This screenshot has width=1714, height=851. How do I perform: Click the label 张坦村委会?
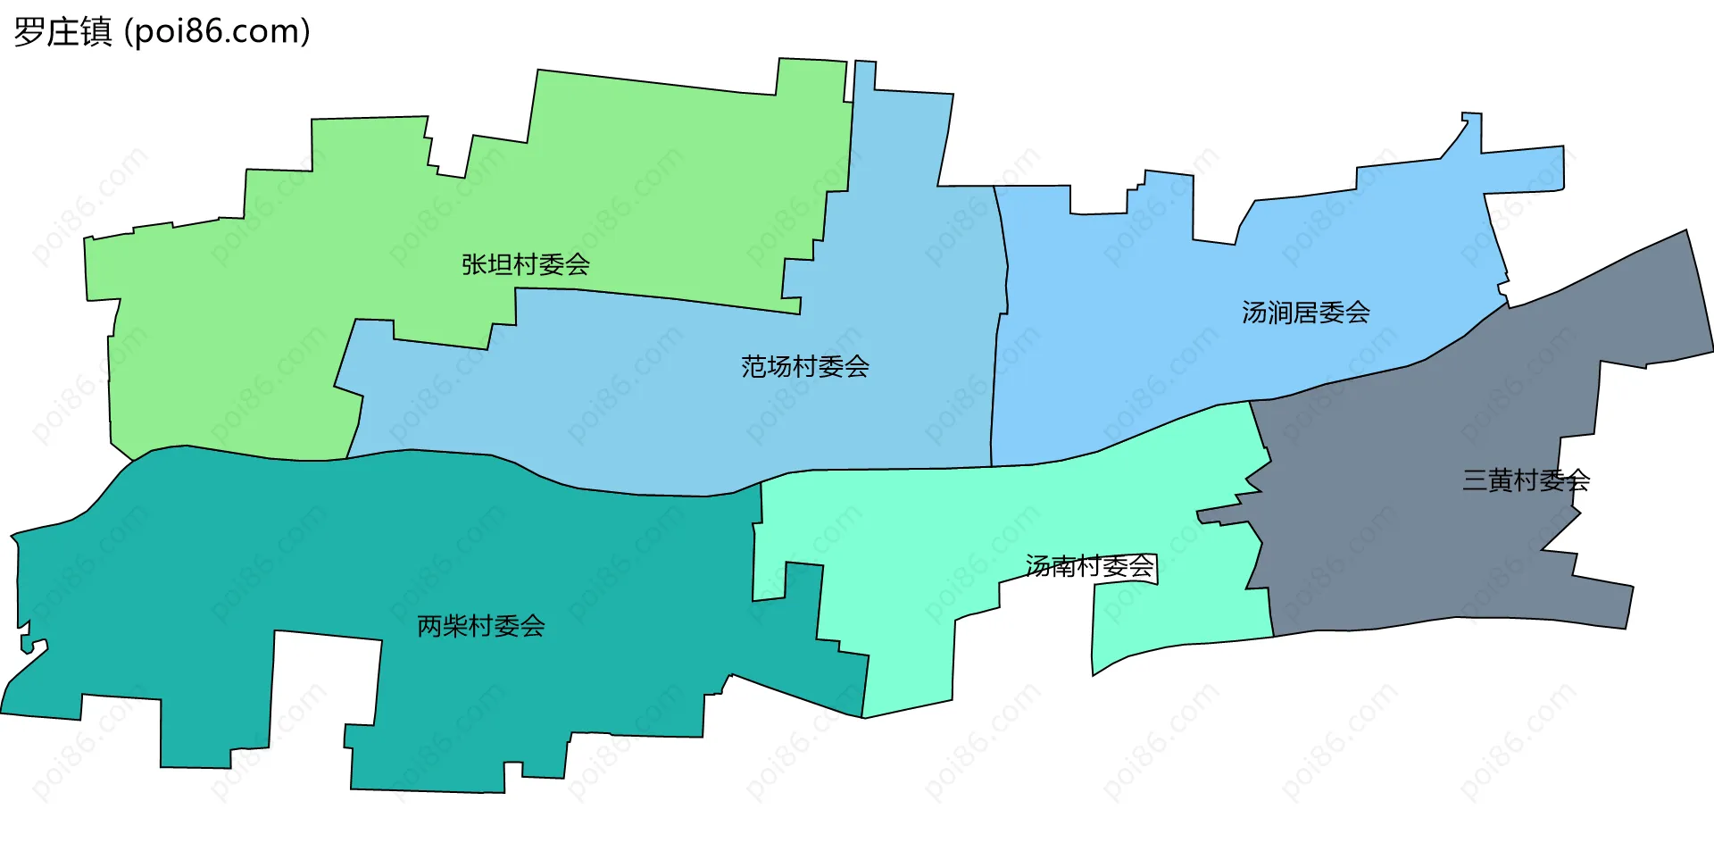525,264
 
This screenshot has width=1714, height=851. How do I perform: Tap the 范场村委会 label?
804,366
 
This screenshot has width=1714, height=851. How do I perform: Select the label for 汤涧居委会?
1305,313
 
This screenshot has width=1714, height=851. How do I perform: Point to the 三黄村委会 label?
1526,480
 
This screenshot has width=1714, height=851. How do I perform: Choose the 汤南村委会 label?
1089,566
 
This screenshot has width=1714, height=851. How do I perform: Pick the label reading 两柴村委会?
480,626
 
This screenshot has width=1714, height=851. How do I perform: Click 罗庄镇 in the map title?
62,32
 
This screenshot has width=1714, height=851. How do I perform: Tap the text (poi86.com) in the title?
217,32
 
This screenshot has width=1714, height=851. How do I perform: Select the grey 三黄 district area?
1428,536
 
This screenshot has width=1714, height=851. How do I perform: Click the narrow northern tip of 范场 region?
864,76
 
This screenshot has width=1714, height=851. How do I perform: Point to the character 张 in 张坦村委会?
474,264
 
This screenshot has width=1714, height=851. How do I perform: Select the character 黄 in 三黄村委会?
1500,480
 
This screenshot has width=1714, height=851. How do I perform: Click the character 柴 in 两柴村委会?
455,626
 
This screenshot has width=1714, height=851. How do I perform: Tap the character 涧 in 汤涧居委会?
1279,313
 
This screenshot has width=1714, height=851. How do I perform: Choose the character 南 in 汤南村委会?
1063,566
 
